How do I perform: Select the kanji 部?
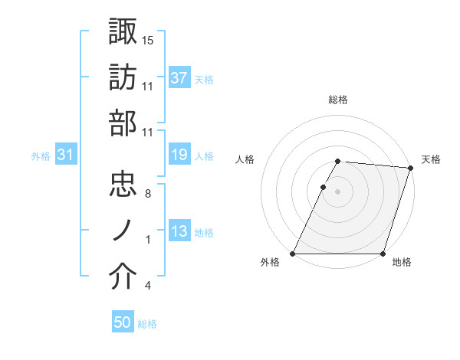[x=123, y=123]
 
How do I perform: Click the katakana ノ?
[x=123, y=231]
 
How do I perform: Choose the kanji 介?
[x=123, y=277]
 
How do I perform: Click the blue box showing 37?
[x=179, y=78]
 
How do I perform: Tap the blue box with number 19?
[x=179, y=155]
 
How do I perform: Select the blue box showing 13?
[x=179, y=231]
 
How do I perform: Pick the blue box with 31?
[x=66, y=155]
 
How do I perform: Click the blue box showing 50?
[x=123, y=323]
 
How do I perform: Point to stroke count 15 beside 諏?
[x=149, y=39]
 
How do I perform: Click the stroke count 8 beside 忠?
[x=147, y=193]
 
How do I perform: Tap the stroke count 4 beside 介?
[x=147, y=286]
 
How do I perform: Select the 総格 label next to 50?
[x=148, y=324]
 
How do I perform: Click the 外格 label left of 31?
[x=41, y=156]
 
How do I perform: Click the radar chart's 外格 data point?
[x=293, y=254]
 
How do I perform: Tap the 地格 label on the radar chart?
[x=402, y=263]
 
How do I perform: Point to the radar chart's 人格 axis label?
[x=245, y=159]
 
